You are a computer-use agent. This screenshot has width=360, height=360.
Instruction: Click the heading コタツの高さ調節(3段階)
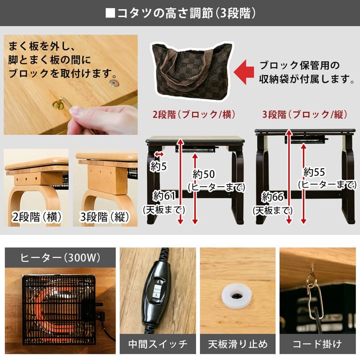[x=180, y=13]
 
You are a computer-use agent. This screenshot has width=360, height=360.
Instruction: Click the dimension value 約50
[x=204, y=174]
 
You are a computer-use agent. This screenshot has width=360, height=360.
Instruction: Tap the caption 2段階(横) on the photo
[x=36, y=217]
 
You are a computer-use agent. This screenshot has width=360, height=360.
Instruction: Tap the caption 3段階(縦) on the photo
[x=105, y=217]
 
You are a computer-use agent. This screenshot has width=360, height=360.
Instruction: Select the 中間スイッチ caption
[x=157, y=344]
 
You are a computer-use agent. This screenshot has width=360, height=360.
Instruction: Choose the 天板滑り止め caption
[x=238, y=344]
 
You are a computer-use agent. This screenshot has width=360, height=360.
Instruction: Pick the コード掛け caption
[x=317, y=344]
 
